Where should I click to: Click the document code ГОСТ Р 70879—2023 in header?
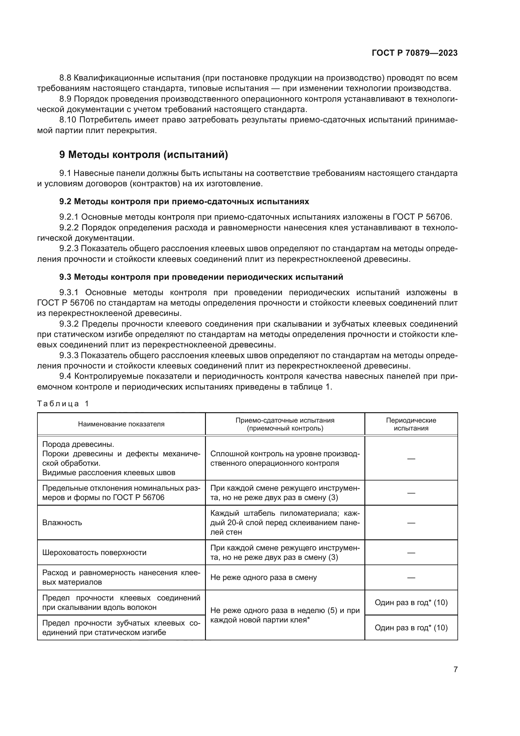(x=414, y=53)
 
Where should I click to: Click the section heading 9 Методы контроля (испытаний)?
(x=143, y=155)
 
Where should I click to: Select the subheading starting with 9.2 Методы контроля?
(x=184, y=201)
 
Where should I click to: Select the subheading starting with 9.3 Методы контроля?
(x=201, y=277)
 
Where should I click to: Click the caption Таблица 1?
(x=63, y=404)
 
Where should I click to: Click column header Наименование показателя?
(x=121, y=424)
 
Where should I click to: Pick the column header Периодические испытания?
(x=411, y=424)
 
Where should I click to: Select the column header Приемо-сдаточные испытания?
(x=285, y=424)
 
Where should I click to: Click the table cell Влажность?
(x=62, y=523)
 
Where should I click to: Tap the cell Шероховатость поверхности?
(x=94, y=552)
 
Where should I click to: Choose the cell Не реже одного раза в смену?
(x=263, y=577)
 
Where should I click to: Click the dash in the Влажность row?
(x=411, y=523)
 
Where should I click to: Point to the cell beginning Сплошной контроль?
(x=285, y=458)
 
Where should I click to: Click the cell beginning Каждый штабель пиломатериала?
(x=285, y=523)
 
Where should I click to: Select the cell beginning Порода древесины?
(x=121, y=458)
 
